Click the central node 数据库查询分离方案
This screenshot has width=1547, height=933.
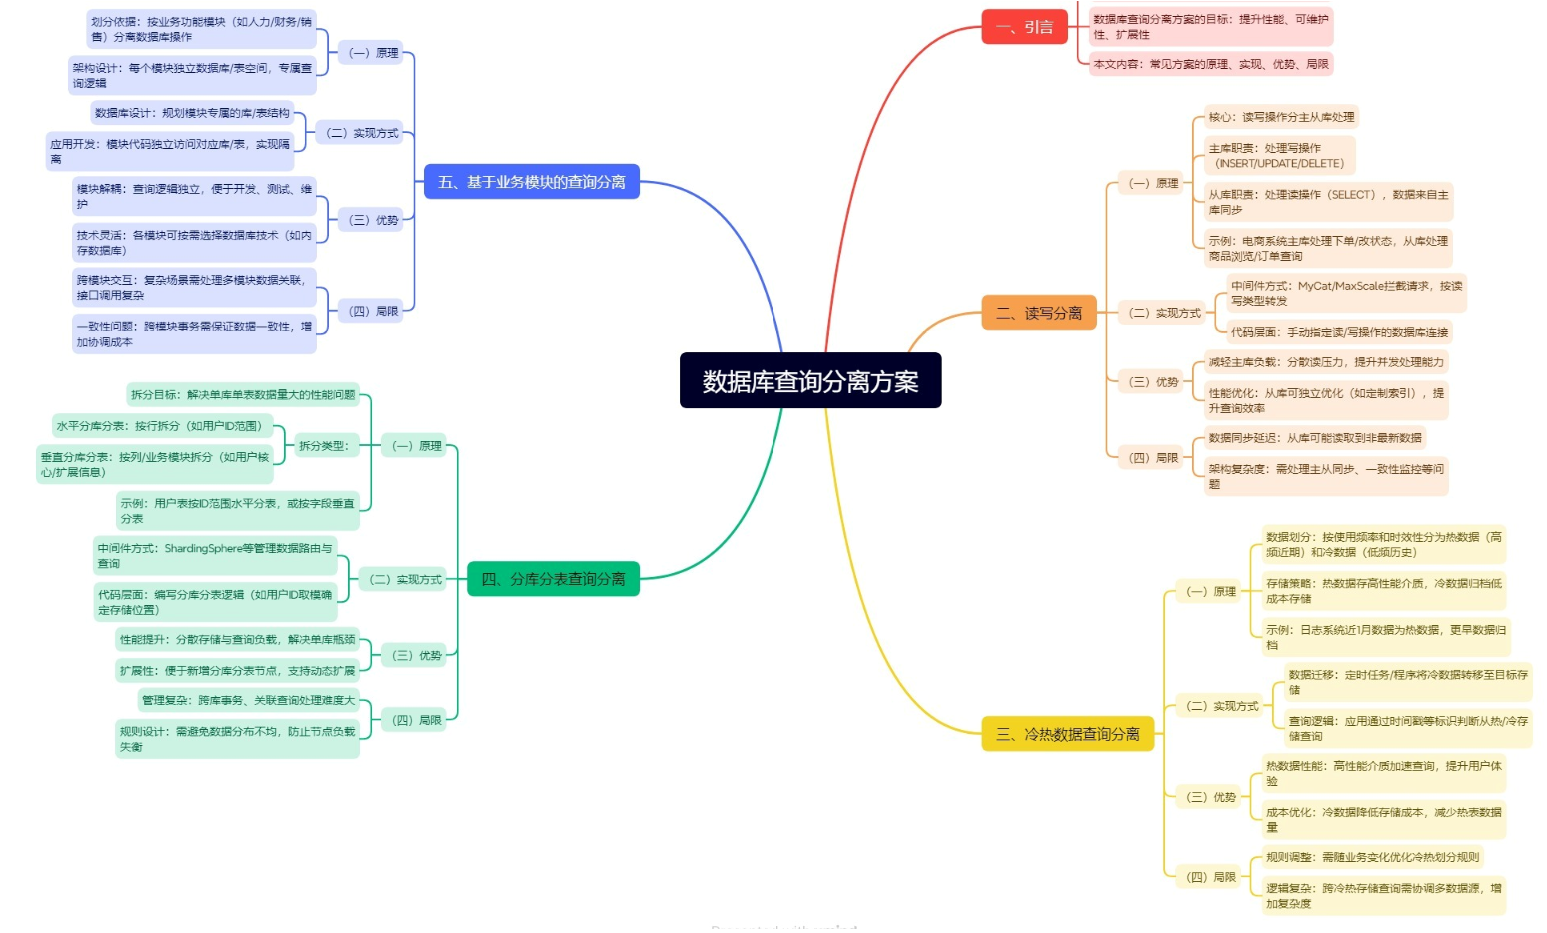[809, 381]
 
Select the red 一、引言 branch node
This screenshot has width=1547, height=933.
[1024, 27]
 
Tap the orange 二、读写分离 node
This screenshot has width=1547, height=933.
[1038, 313]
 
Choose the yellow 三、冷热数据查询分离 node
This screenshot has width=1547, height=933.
[1067, 734]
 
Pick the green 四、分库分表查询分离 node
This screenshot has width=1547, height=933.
[553, 579]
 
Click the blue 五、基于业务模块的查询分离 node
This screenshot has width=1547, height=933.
[531, 182]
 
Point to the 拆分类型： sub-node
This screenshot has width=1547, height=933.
[324, 446]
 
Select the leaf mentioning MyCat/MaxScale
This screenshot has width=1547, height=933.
[1345, 293]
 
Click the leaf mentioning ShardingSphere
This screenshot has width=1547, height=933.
[214, 556]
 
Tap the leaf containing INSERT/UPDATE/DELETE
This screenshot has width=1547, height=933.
[1279, 156]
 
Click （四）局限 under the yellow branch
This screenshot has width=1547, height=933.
[1211, 877]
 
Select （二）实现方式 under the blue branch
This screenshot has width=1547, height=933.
[362, 133]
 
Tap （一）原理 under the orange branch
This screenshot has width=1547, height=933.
[1154, 183]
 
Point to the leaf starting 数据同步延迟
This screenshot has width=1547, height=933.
[1314, 438]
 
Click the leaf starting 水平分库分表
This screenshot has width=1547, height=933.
[160, 426]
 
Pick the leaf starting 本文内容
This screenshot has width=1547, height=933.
[1210, 64]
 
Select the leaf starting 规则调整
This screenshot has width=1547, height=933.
[1371, 857]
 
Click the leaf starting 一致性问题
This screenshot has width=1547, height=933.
[194, 334]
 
